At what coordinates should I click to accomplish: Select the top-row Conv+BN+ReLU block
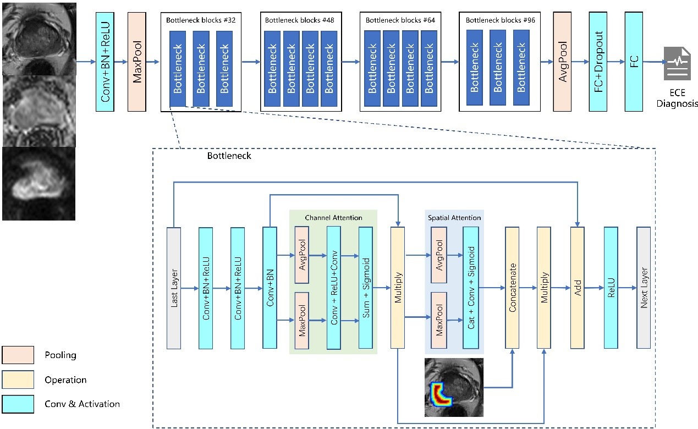[x=105, y=61]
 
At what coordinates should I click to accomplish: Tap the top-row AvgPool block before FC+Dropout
[x=562, y=61]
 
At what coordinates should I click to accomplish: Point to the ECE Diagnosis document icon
[x=677, y=63]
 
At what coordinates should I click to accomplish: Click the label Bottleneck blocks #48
[x=300, y=20]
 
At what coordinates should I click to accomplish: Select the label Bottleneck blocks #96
[x=500, y=20]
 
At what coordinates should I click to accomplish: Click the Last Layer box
[x=174, y=288]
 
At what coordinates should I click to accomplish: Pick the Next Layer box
[x=644, y=288]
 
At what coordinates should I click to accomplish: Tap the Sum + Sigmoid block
[x=366, y=288]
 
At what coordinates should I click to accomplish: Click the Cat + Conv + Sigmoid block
[x=471, y=288]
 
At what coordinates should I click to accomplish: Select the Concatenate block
[x=512, y=288]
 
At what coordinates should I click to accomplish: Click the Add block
[x=577, y=288]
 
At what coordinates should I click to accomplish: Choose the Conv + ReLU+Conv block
[x=334, y=288]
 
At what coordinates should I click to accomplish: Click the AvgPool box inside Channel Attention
[x=302, y=255]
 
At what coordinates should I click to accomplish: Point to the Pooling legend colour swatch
[x=18, y=355]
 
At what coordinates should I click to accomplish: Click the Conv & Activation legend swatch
[x=18, y=404]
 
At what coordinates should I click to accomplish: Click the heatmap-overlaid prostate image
[x=454, y=387]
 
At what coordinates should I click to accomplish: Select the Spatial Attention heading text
[x=454, y=218]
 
